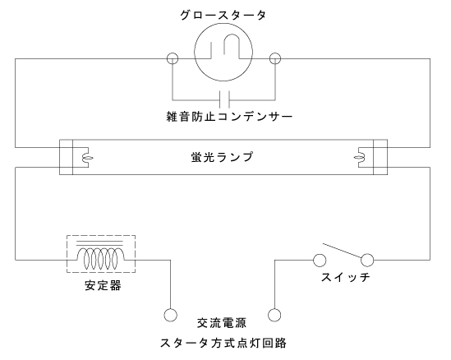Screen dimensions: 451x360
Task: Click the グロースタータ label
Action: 223,16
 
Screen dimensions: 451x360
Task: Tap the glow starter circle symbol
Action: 223,81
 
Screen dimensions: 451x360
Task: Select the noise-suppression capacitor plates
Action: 224,99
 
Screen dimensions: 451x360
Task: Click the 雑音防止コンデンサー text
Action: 229,117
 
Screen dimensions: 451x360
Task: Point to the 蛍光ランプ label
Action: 223,157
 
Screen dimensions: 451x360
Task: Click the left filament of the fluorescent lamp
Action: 87,158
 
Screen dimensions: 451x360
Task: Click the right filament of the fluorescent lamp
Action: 360,158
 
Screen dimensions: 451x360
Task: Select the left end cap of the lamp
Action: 67,157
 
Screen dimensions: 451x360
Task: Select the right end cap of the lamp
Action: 380,157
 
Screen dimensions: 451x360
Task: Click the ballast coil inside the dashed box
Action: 101,257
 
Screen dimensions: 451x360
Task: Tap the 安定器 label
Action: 103,285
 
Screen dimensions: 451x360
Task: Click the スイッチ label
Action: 346,277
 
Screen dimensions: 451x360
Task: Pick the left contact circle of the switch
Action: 320,261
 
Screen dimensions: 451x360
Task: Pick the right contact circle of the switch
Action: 367,261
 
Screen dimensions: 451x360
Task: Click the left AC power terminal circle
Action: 171,315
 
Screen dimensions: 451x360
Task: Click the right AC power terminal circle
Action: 274,315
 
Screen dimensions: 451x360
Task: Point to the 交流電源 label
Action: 222,323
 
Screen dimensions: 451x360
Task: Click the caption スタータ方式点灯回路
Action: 223,343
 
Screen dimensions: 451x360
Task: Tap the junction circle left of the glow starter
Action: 173,58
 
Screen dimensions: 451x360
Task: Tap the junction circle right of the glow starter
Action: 275,58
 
